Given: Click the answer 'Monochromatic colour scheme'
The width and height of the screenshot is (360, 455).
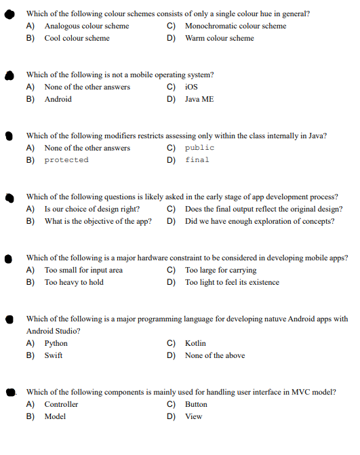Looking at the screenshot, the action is [x=235, y=26].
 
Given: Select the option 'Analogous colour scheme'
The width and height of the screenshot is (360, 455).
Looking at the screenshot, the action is [x=86, y=26].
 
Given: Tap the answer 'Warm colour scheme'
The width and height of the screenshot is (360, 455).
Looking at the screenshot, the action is [x=219, y=38].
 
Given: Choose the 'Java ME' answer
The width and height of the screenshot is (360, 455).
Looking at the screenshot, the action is [x=199, y=99].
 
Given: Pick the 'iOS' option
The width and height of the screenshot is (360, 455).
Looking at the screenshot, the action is [x=191, y=87].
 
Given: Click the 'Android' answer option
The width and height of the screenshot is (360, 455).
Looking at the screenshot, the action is [x=58, y=99].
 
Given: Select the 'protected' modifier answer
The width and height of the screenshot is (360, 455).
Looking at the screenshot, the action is [x=66, y=160].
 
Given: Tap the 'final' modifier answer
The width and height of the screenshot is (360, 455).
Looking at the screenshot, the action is [x=197, y=160].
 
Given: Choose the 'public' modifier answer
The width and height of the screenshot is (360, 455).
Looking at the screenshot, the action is [x=199, y=148].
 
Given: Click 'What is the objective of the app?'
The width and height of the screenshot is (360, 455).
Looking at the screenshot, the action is [x=98, y=221].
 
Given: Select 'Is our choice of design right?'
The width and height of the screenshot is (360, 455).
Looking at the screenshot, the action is [x=92, y=209].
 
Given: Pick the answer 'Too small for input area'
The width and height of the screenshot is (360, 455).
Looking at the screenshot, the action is [x=83, y=270].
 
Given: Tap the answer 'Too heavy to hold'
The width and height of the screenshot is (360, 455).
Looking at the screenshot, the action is [x=74, y=282].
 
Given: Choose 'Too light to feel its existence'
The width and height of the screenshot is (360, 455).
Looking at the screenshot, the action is [x=232, y=282].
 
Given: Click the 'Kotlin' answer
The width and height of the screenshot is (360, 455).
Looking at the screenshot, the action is [x=195, y=343].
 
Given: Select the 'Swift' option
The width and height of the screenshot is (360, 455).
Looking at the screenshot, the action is [x=54, y=355].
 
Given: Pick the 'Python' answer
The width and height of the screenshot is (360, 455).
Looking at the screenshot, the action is [x=56, y=343].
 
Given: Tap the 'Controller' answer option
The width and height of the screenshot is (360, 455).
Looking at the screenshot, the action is [x=61, y=404].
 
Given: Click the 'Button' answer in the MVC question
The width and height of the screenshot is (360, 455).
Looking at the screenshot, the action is [x=196, y=404].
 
